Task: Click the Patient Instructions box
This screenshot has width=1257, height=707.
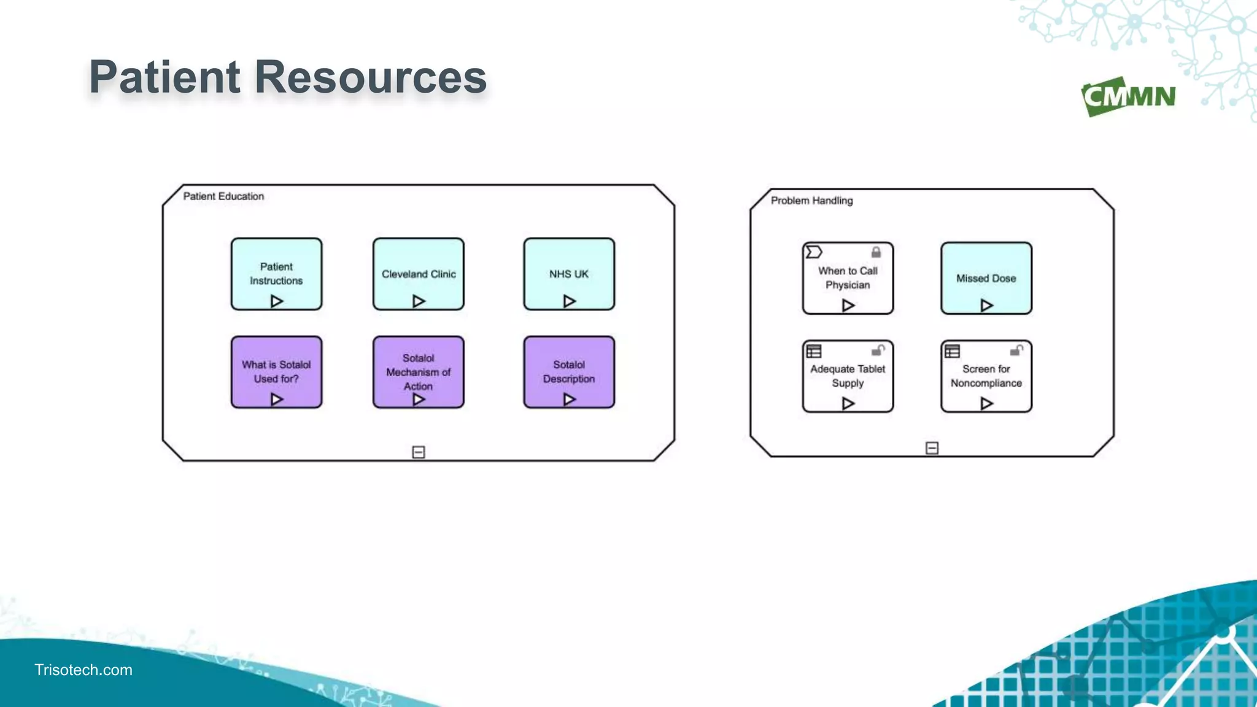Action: coord(276,274)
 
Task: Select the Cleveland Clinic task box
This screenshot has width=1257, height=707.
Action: coord(418,274)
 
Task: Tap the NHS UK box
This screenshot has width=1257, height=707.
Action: coord(568,274)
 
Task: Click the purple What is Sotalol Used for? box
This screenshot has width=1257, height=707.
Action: coord(276,371)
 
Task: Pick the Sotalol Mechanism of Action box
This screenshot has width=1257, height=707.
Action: coord(418,371)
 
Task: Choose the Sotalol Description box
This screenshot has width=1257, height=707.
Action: coord(568,371)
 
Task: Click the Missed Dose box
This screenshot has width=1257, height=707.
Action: coord(986,278)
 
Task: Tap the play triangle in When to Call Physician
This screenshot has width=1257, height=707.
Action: coord(848,305)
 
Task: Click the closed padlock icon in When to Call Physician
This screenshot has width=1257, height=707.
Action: coord(876,252)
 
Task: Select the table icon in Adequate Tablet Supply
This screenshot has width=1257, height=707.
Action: coord(814,351)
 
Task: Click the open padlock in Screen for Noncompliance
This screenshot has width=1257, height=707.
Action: coord(1016,350)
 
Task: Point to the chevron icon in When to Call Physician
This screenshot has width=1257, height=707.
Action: coord(814,252)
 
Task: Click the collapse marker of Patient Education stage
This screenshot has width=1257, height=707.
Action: coord(419,452)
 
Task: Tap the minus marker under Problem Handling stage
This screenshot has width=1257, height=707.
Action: coord(932,448)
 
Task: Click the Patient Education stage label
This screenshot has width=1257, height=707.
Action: coord(223,196)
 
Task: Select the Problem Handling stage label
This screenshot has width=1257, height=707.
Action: coord(811,201)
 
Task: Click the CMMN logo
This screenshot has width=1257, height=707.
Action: coord(1128,96)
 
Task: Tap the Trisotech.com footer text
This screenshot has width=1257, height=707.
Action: coord(83,670)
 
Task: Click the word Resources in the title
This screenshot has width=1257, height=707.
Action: coord(370,77)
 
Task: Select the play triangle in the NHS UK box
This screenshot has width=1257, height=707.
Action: coord(569,301)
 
